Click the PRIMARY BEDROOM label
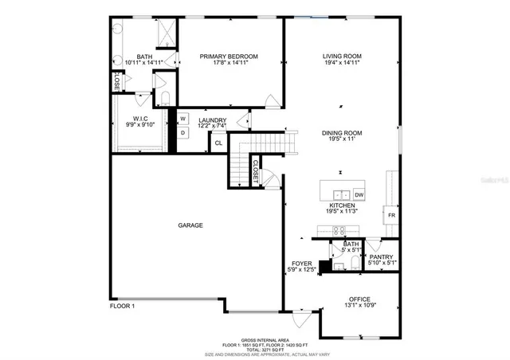[x=229, y=57]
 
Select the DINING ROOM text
[x=342, y=133]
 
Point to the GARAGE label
[x=190, y=225]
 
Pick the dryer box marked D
[x=182, y=133]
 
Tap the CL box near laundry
[x=218, y=143]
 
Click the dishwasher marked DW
[x=359, y=194]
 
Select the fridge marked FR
[x=391, y=216]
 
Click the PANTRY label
[x=381, y=256]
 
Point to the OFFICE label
[x=359, y=299]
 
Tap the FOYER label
[x=300, y=264]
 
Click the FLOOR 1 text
[x=122, y=306]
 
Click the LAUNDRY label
[x=212, y=120]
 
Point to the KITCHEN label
[x=342, y=205]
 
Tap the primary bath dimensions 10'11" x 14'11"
[x=144, y=62]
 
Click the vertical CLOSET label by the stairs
[x=255, y=173]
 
